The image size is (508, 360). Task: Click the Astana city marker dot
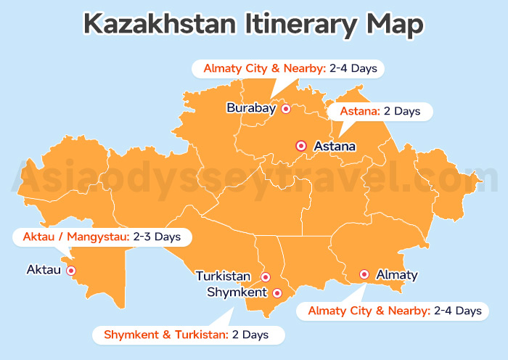tap(301, 146)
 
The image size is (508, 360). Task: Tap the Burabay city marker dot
tap(286, 109)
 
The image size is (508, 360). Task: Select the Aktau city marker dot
tap(71, 271)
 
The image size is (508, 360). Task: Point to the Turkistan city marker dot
tap(266, 277)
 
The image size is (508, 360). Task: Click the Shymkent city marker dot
tap(276, 293)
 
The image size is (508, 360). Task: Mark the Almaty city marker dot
tap(364, 274)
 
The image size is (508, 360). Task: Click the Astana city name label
tap(335, 147)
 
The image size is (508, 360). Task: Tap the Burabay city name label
tap(251, 108)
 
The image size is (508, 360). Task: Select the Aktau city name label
tap(44, 270)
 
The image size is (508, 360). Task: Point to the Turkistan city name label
tap(223, 277)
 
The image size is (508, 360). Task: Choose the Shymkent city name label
tap(237, 292)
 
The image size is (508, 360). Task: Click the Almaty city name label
tap(397, 275)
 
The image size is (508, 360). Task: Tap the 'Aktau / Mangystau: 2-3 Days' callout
tap(102, 237)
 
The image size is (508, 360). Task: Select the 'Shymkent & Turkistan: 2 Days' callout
tap(187, 335)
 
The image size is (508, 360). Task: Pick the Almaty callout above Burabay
tap(287, 69)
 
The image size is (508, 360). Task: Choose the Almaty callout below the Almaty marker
tap(395, 311)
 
